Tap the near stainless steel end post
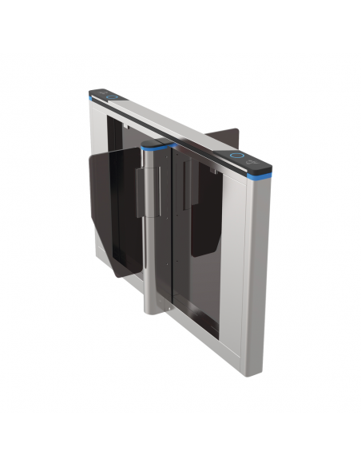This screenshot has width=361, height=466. coord(257,263)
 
